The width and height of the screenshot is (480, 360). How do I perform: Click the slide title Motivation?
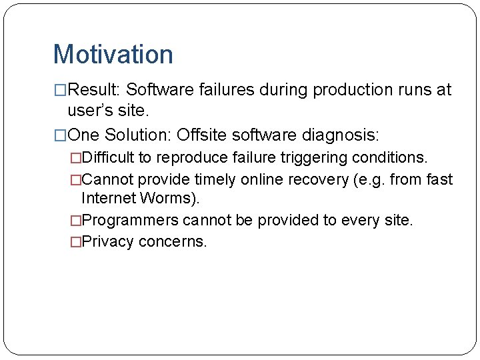[113, 55]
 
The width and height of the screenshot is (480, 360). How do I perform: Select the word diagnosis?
[341, 135]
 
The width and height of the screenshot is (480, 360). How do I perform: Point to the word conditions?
[395, 158]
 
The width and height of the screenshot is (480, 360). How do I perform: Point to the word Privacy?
[107, 242]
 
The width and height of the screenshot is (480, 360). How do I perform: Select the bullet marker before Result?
[60, 90]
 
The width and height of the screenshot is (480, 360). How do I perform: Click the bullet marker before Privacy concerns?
[75, 242]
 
